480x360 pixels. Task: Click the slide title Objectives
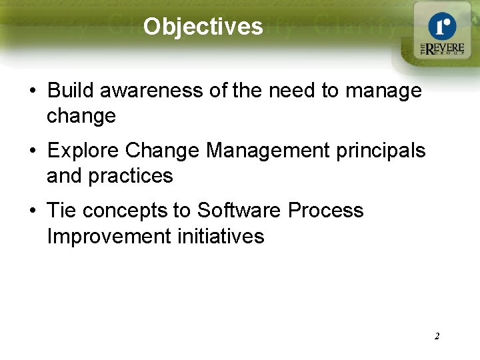click(x=203, y=27)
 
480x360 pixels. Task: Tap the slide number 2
click(x=437, y=336)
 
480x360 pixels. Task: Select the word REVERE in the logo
click(x=444, y=49)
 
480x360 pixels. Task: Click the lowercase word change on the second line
click(x=81, y=116)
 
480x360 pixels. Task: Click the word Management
click(x=271, y=151)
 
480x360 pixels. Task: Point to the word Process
click(x=326, y=211)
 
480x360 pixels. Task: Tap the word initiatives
click(x=225, y=236)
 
